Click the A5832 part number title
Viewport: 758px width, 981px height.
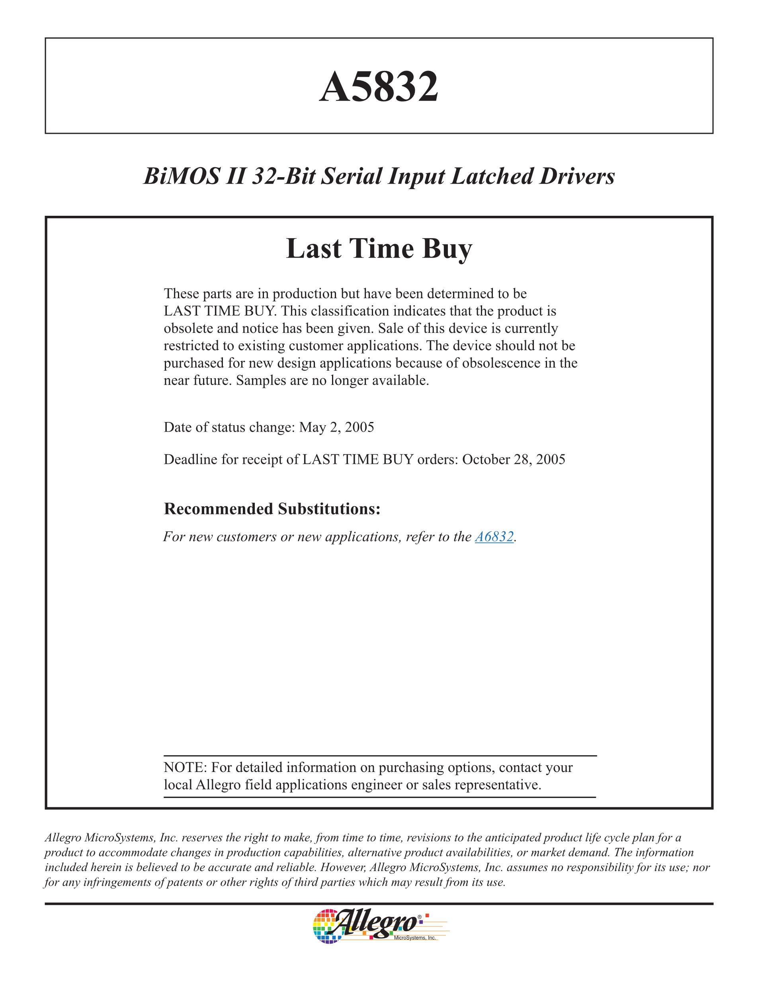(x=379, y=86)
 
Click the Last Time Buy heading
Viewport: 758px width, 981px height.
(x=379, y=249)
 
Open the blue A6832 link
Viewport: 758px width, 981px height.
(x=494, y=537)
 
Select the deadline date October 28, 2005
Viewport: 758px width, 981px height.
(x=513, y=459)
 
